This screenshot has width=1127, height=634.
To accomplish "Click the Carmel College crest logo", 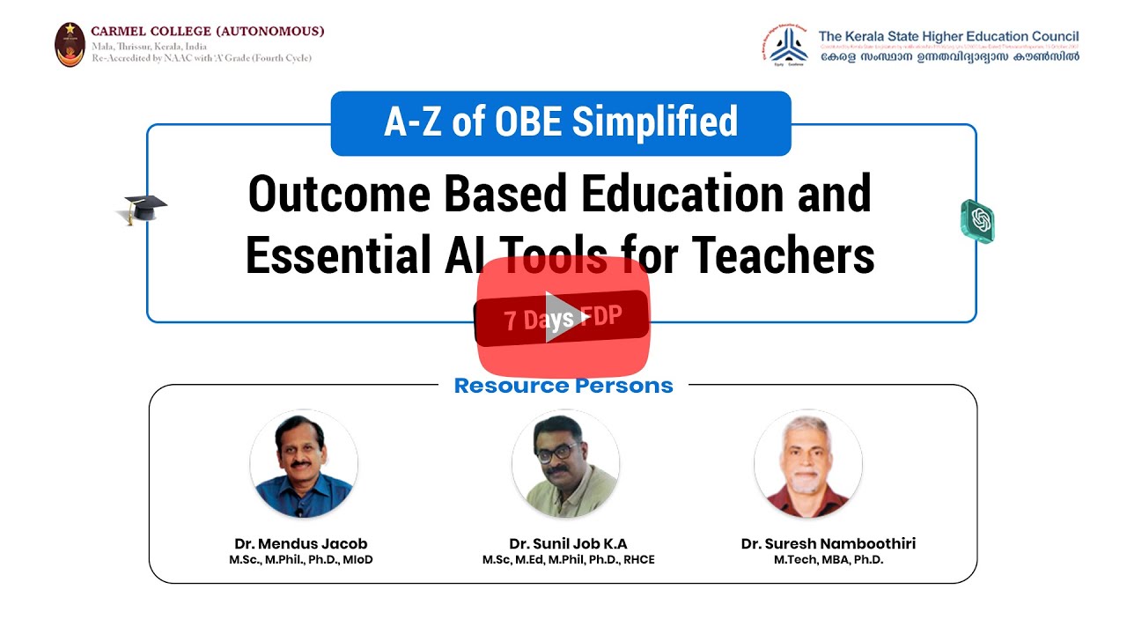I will pos(70,44).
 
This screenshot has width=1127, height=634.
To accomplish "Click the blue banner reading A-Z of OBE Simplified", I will pos(561,122).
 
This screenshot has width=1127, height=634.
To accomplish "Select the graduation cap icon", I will pos(142,210).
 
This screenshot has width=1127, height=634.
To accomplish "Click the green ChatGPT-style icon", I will pos(977,220).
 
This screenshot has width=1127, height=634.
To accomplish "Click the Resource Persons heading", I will pos(563,386).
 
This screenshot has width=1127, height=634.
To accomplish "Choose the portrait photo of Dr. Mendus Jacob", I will pos(304,463).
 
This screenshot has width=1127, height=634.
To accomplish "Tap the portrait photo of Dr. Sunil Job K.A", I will pos(565,463).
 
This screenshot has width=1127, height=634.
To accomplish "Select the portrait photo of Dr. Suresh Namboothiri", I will pos(807,463).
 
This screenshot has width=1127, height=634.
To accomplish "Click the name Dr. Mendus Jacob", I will pos(301,543).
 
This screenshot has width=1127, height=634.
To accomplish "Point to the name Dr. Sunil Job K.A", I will pos(568,543).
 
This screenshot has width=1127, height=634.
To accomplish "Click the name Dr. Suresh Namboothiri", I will pos(829,543).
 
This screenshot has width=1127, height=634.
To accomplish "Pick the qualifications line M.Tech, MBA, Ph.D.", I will pos(829,560).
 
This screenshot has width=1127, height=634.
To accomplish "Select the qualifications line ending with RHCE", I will pos(568,560).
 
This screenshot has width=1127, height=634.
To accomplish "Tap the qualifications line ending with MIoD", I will pos(301,560).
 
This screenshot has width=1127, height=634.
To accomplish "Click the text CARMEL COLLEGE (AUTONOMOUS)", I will pos(208,31).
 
